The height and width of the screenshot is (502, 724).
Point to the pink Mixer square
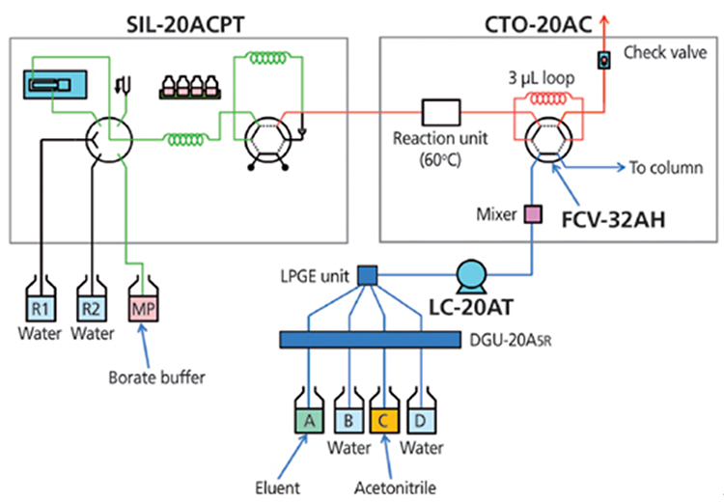(530, 211)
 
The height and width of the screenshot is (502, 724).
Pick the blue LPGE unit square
(367, 276)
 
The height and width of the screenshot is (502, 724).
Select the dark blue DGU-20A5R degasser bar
(367, 340)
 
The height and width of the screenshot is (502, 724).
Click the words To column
(665, 167)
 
